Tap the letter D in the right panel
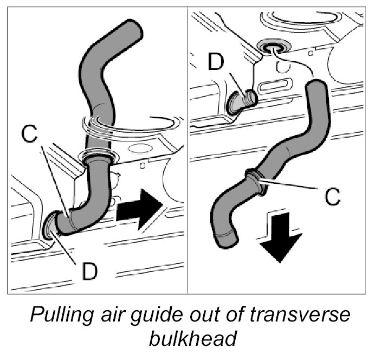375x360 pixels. [215, 63]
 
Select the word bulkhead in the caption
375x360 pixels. [192, 340]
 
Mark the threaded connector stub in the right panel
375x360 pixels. [242, 100]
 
